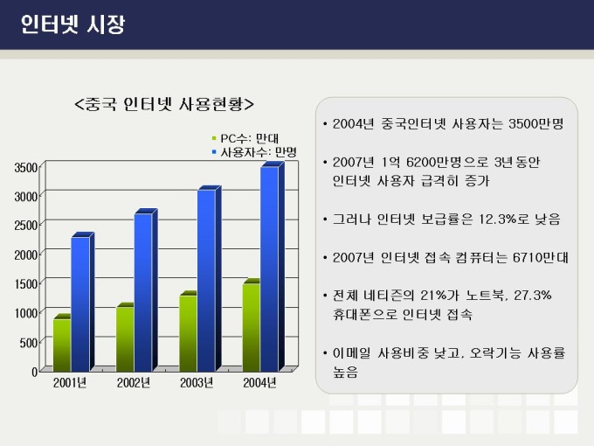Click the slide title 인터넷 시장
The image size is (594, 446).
73,24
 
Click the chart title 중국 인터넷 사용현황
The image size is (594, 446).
165,104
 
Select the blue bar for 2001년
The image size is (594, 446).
80,302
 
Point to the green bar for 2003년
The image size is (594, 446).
188,331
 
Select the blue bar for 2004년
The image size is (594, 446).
269,267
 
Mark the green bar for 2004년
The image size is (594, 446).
251,325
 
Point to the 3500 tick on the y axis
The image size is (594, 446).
25,166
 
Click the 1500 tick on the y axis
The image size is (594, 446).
25,283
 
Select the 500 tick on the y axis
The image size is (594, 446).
28,342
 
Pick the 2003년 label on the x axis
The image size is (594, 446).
197,383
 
